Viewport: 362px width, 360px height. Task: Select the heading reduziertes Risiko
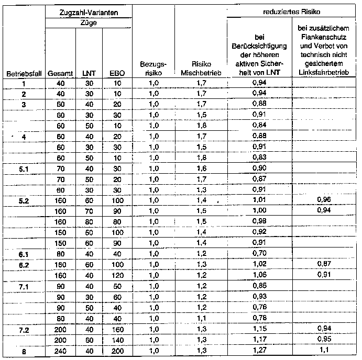coord(293,10)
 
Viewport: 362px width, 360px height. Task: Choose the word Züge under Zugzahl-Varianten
coord(88,23)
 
